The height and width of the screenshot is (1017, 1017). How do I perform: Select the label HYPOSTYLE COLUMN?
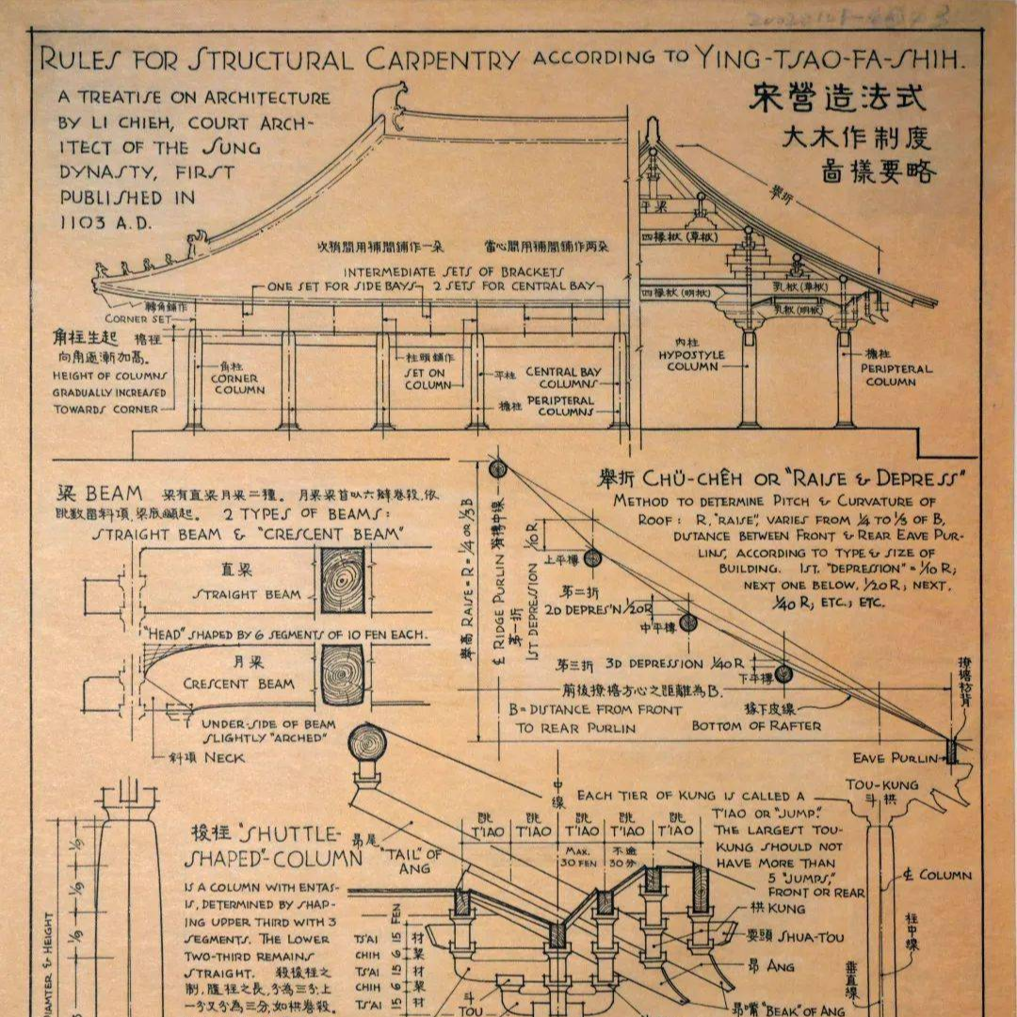[x=692, y=360]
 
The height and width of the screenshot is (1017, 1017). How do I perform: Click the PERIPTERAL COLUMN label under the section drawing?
[x=889, y=375]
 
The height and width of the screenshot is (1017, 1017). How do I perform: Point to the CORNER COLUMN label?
[x=234, y=383]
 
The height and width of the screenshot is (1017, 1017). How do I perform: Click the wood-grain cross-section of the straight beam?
[x=342, y=581]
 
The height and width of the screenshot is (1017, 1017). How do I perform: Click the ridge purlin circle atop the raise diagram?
[x=498, y=468]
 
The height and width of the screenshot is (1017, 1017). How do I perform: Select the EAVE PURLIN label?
[x=896, y=758]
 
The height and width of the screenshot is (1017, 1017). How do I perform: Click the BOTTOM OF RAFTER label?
[x=756, y=726]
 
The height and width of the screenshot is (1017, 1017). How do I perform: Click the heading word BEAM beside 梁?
[x=114, y=493]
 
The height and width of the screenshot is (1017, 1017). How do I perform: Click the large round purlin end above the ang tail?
[x=367, y=744]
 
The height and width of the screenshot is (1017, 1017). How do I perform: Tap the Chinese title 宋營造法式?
[x=837, y=98]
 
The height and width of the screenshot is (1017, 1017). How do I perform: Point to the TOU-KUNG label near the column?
[x=881, y=784]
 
